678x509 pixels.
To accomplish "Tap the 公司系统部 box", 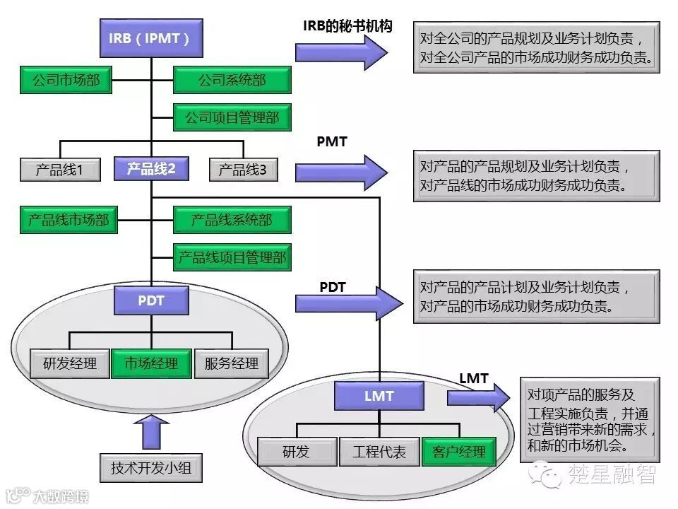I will click(x=232, y=81).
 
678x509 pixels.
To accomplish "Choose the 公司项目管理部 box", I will click(x=232, y=117).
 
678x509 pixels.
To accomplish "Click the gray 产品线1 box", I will click(x=60, y=170).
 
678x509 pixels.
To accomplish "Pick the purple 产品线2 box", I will click(x=150, y=169).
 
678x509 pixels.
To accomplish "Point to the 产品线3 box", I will click(x=243, y=170).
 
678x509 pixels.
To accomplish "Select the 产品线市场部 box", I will click(x=69, y=220).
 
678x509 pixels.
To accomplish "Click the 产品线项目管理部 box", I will click(x=232, y=257).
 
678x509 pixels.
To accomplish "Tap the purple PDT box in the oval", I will click(x=151, y=300).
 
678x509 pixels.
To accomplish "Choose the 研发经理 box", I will click(x=69, y=364).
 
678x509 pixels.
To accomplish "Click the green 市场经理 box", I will click(x=151, y=364).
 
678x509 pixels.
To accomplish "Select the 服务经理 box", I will click(x=232, y=364).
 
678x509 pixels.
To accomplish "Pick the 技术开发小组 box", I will click(x=151, y=468).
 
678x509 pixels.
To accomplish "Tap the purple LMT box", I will click(x=379, y=396).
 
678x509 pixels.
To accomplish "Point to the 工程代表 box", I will click(x=379, y=452).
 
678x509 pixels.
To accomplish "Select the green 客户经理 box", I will click(x=458, y=452).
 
